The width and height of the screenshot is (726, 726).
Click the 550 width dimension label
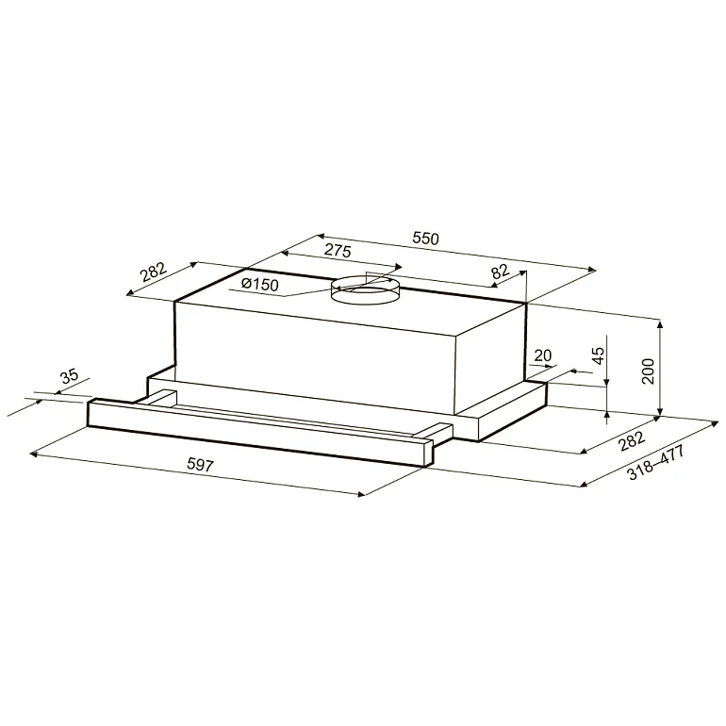click(x=425, y=239)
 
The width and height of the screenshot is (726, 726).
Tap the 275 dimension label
click(x=338, y=251)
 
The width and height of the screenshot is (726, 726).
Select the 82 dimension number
click(x=500, y=272)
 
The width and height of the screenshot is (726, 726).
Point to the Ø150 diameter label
click(x=260, y=285)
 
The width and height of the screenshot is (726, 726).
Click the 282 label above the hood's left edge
click(x=153, y=272)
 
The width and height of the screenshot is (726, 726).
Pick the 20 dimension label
click(x=542, y=355)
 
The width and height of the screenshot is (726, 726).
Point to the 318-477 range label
click(x=654, y=463)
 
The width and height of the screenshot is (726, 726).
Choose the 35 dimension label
click(x=69, y=377)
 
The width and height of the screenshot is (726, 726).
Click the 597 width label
click(x=202, y=466)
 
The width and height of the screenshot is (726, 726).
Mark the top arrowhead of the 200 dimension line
click(x=662, y=322)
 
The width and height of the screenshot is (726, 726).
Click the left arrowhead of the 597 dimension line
click(x=34, y=455)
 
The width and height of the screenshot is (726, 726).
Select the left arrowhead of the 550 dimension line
click(x=320, y=237)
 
